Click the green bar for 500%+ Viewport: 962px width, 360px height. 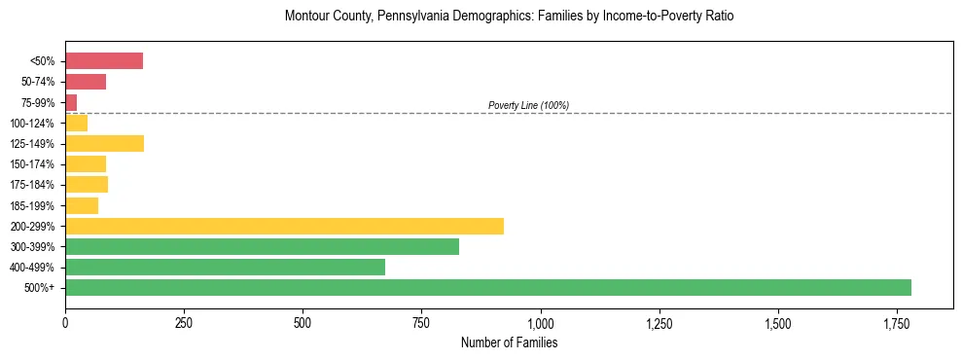487,287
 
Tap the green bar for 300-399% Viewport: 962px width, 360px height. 262,246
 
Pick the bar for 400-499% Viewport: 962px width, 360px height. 225,267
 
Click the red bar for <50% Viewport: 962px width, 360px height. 104,60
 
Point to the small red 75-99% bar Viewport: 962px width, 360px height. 71,102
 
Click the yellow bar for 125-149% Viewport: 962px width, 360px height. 104,143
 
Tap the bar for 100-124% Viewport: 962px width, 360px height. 76,123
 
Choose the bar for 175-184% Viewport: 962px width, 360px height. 87,184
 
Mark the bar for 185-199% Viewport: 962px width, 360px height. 82,205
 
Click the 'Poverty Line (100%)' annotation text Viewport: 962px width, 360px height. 528,105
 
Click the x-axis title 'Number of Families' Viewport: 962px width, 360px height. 509,342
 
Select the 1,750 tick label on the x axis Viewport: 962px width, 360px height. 778,323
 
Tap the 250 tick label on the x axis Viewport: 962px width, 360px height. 184,323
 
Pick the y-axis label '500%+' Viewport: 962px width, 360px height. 41,288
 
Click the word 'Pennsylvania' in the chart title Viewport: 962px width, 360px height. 396,17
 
